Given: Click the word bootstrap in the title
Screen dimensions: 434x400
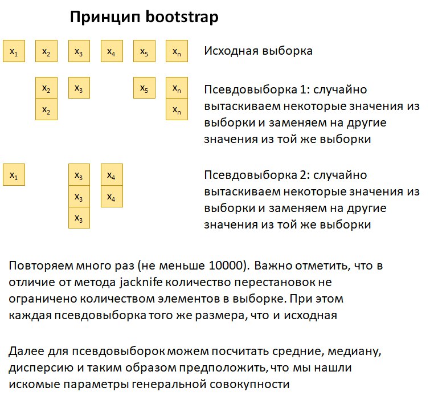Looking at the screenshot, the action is click(182, 17).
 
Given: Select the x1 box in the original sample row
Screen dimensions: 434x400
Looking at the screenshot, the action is click(14, 51).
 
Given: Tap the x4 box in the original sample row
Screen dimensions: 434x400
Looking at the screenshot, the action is click(112, 51).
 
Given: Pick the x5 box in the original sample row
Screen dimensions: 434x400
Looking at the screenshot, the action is click(144, 51).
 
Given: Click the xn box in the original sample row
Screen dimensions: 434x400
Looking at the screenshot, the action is click(177, 51).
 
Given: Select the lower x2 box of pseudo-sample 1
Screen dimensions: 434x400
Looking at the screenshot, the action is click(47, 109).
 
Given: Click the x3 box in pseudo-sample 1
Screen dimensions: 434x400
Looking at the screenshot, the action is click(79, 88).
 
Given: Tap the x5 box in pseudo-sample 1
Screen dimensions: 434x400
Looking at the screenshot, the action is click(144, 88).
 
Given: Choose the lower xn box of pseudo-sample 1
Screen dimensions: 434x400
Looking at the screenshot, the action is click(177, 109).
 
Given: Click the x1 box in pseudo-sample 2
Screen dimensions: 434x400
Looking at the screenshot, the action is click(14, 175).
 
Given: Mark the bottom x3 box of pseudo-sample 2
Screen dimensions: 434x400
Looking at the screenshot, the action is click(79, 218).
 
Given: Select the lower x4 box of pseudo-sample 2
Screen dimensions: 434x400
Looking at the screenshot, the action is click(112, 196).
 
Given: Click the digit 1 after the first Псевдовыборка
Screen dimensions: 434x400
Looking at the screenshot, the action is click(302, 89).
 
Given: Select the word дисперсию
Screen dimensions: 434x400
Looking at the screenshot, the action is click(41, 368).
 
